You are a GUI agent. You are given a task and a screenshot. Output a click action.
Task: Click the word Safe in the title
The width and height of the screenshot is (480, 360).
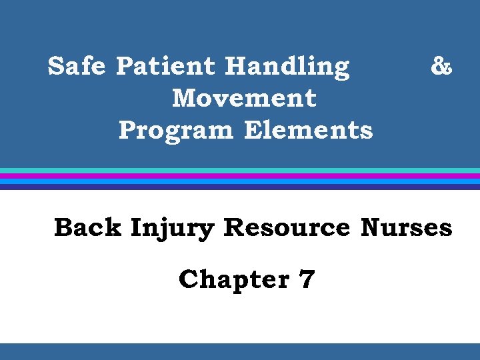[77, 67]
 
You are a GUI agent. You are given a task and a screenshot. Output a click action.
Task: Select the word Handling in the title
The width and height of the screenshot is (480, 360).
[287, 67]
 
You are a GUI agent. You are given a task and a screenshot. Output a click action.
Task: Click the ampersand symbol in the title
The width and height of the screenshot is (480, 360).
[441, 67]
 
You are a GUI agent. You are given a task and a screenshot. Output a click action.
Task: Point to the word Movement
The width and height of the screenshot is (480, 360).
[244, 99]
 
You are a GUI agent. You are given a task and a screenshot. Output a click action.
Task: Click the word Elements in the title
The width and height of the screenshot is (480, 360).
[309, 130]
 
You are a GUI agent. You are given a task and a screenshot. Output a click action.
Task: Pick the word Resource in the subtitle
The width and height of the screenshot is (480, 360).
[287, 228]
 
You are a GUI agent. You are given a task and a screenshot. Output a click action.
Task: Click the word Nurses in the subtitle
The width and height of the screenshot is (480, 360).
[406, 228]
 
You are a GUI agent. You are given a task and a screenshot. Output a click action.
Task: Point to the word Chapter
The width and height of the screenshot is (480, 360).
[233, 279]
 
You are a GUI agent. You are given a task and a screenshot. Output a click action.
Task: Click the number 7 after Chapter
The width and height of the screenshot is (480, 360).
[307, 279]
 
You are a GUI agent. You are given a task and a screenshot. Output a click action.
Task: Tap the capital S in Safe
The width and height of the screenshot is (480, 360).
[57, 67]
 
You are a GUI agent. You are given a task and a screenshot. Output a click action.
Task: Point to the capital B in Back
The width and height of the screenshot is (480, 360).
[64, 228]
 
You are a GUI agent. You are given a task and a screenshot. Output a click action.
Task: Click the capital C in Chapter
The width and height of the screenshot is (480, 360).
[189, 279]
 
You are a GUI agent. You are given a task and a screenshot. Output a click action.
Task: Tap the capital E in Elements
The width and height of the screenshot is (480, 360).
[252, 130]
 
